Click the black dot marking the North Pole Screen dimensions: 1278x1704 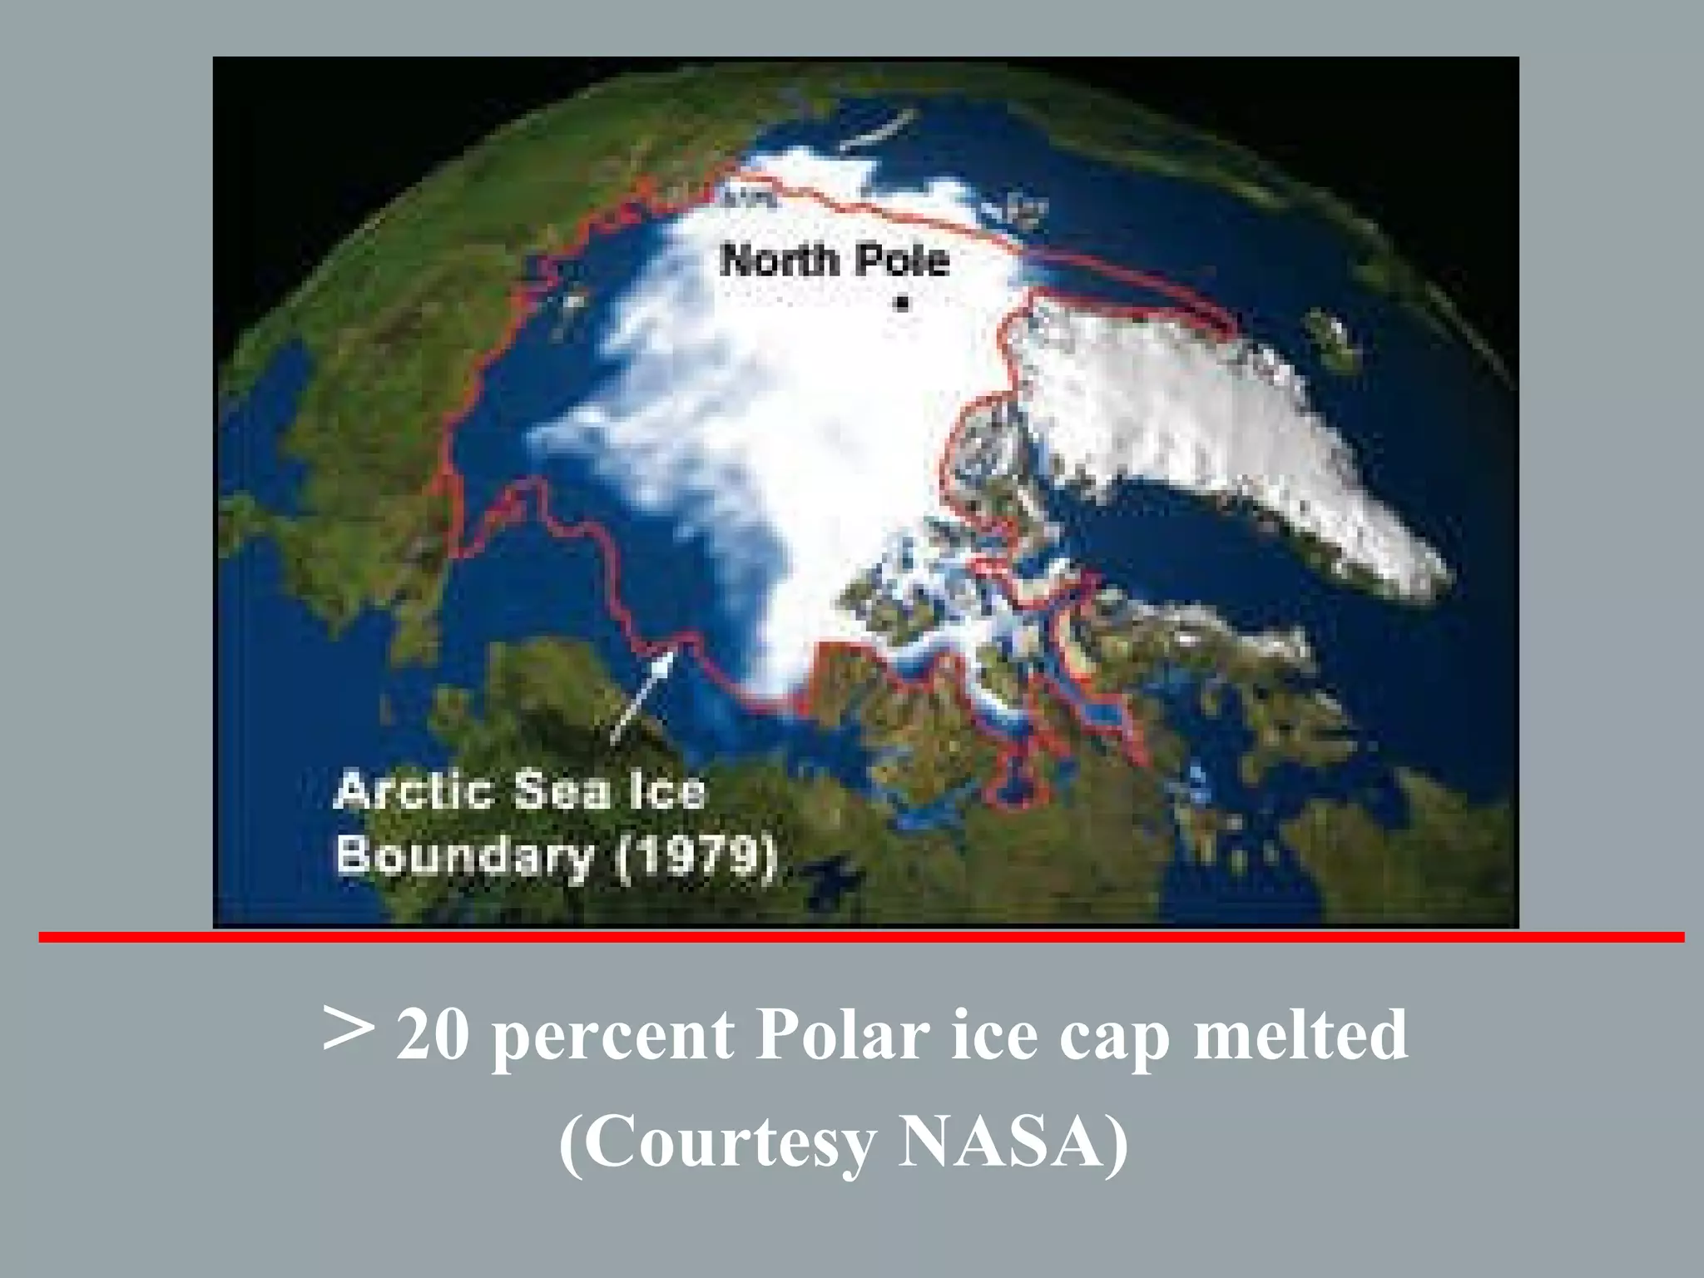pos(902,302)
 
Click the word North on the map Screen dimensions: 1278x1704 pos(779,260)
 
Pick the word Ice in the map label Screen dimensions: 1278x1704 pos(667,791)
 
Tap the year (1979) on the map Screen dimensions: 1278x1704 pos(696,857)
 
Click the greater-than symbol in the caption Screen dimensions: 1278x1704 pos(347,1030)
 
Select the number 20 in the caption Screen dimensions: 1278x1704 pos(432,1036)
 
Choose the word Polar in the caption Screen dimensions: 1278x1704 pos(842,1036)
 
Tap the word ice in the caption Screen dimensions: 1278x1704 pos(994,1036)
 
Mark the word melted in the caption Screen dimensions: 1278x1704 pos(1300,1036)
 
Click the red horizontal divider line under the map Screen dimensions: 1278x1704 pos(861,938)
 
